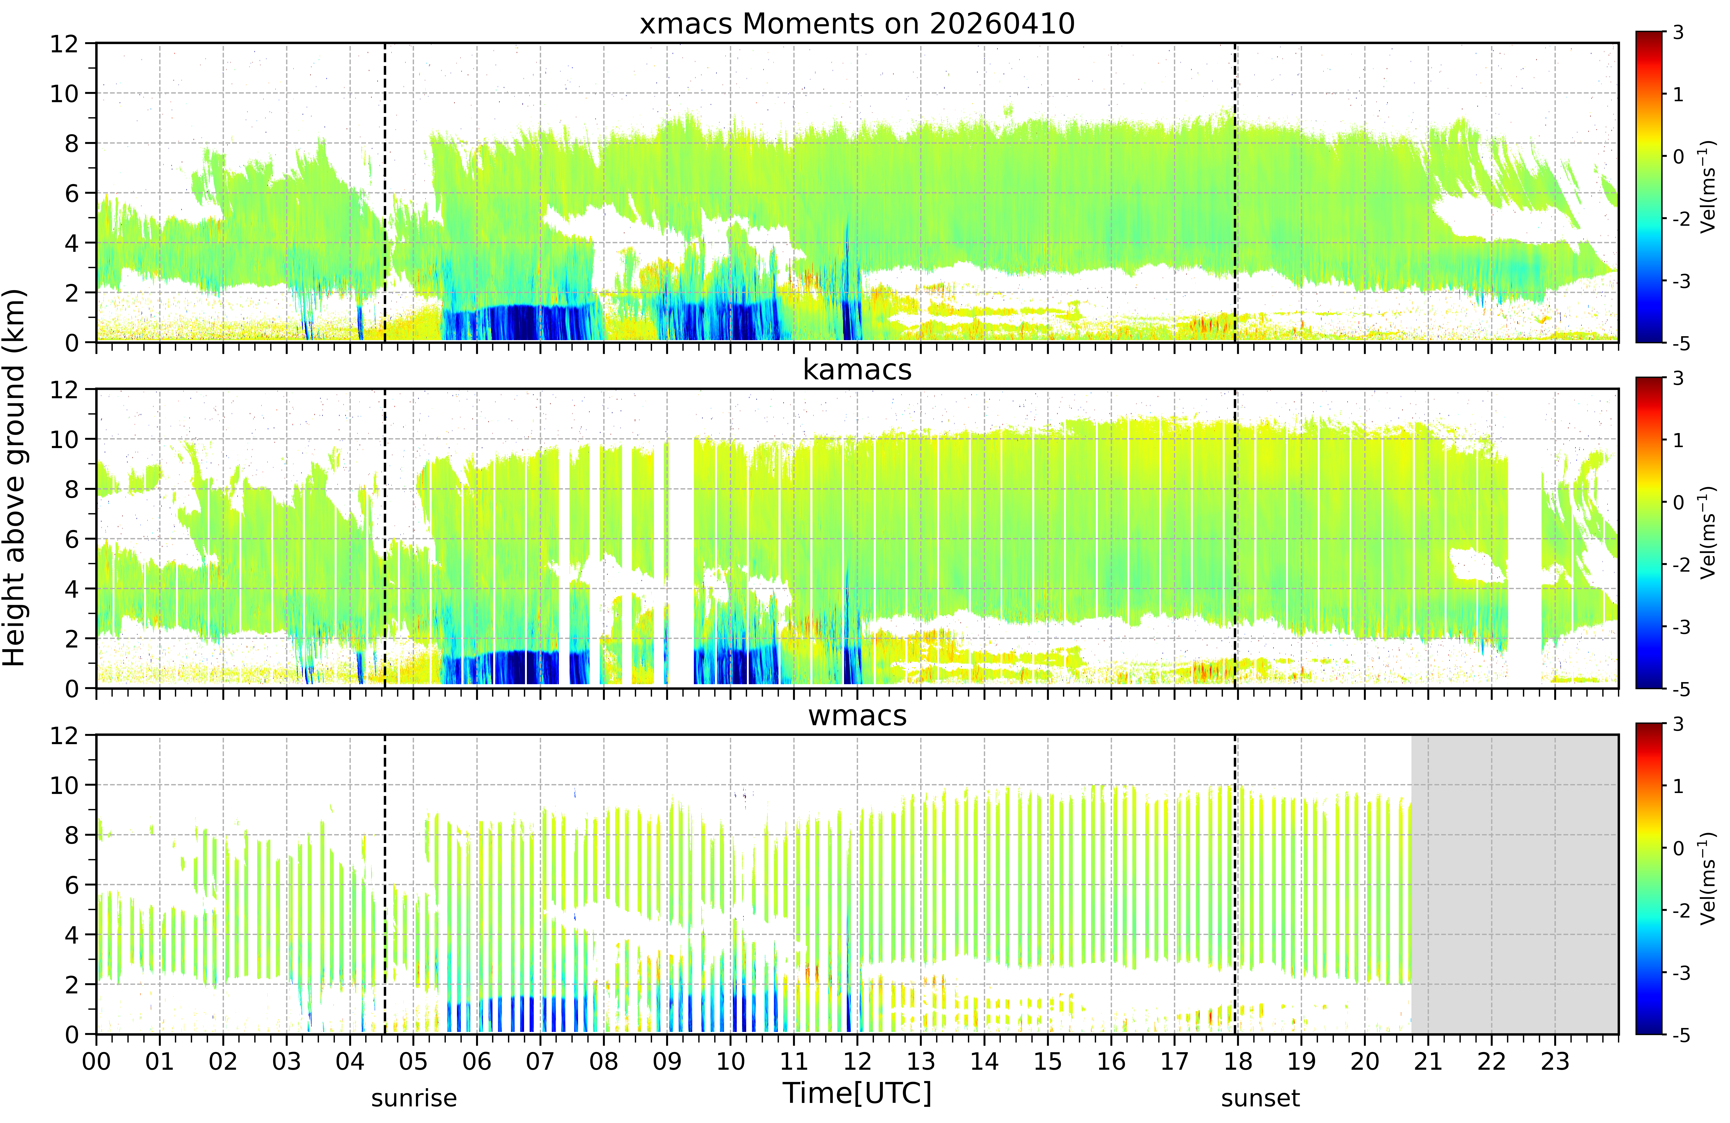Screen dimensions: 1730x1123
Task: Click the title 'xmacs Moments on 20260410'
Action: (857, 24)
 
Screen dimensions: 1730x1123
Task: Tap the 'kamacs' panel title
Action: (857, 370)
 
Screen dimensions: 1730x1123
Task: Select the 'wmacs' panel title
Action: (857, 716)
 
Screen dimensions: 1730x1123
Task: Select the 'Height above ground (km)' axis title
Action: (14, 478)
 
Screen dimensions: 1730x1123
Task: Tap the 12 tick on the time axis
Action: (857, 1061)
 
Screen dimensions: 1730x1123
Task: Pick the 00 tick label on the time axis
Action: (96, 1061)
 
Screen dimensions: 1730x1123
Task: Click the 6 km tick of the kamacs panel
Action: (71, 539)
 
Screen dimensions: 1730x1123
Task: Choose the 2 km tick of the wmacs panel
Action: (71, 985)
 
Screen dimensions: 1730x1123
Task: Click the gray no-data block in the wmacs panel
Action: (1515, 885)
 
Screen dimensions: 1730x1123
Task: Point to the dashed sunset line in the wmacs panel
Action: (1235, 885)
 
